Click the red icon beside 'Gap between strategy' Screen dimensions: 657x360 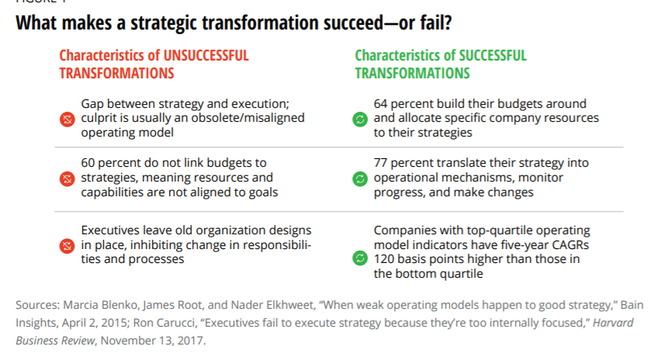pyautogui.click(x=67, y=119)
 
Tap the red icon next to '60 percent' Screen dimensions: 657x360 pyautogui.click(x=67, y=179)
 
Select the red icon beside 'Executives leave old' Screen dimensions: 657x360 pyautogui.click(x=67, y=246)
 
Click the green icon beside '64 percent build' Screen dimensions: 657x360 pyautogui.click(x=360, y=119)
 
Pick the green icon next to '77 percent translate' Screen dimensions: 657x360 pyautogui.click(x=360, y=179)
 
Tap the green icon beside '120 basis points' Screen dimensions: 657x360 pyautogui.click(x=360, y=258)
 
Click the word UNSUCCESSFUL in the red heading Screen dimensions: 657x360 pyautogui.click(x=206, y=55)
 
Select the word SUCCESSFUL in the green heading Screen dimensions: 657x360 pyautogui.click(x=493, y=55)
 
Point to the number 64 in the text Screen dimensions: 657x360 pyautogui.click(x=380, y=103)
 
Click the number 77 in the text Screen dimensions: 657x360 pyautogui.click(x=380, y=163)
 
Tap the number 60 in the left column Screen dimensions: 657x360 pyautogui.click(x=88, y=163)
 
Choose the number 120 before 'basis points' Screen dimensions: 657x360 pyautogui.click(x=384, y=259)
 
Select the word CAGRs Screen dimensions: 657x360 pyautogui.click(x=570, y=244)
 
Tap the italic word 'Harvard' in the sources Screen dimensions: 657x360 pyautogui.click(x=613, y=323)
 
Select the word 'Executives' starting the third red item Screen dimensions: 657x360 pyautogui.click(x=110, y=230)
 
